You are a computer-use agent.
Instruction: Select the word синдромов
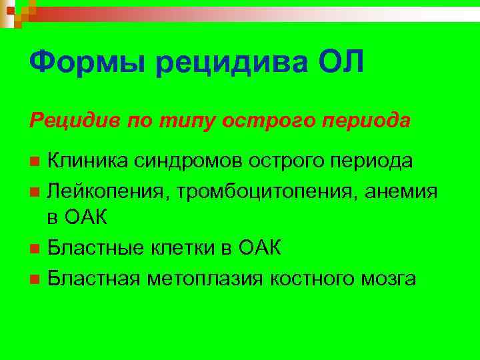[x=188, y=161]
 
